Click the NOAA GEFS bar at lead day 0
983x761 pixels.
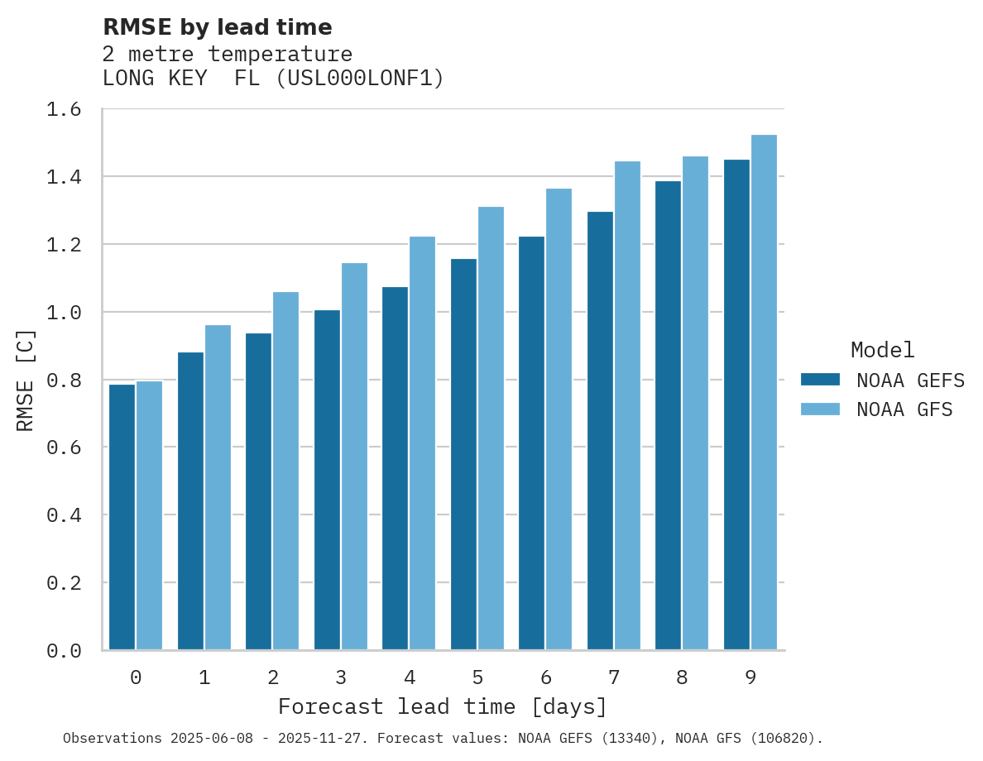click(122, 517)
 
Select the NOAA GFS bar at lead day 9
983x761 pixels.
click(764, 392)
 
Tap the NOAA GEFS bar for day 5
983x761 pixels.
click(463, 454)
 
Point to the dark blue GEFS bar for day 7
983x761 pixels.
click(600, 430)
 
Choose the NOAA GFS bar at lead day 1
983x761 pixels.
click(218, 487)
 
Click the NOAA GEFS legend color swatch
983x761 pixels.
click(820, 380)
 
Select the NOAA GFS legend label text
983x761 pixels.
click(904, 409)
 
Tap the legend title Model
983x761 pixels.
click(882, 350)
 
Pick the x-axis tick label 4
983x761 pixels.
click(410, 678)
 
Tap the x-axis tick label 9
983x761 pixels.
click(750, 678)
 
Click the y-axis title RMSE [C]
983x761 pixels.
click(26, 380)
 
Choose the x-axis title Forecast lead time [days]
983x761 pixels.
click(443, 707)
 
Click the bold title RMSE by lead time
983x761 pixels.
click(218, 27)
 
